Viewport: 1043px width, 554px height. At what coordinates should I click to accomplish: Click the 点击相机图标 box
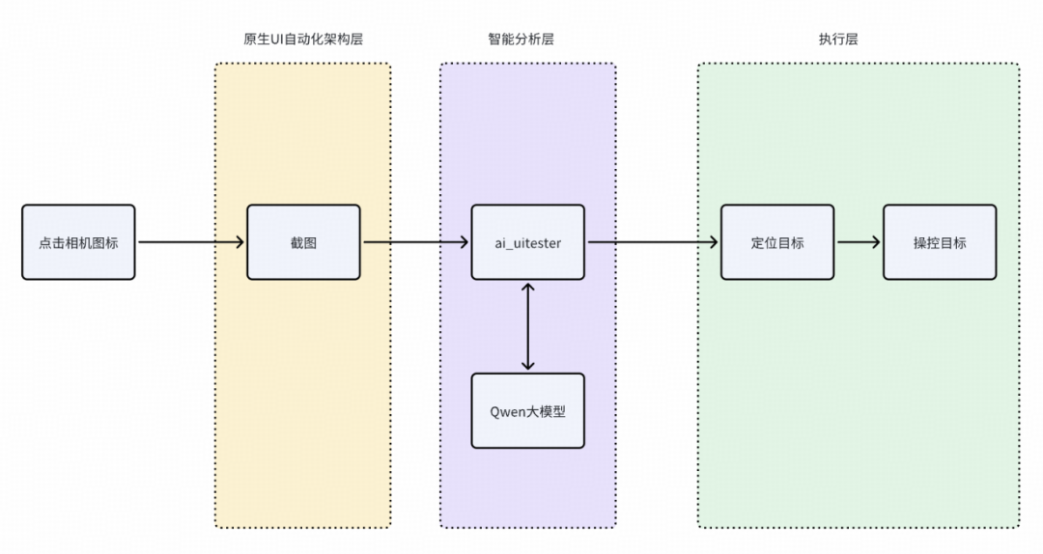tap(78, 242)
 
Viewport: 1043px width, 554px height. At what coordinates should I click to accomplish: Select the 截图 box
tap(303, 242)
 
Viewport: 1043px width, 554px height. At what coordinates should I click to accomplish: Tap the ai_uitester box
tap(527, 242)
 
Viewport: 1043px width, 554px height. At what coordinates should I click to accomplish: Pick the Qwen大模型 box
tap(527, 411)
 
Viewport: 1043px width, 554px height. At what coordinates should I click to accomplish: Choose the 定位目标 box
tap(777, 242)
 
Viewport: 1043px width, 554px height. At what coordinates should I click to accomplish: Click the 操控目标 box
tap(939, 242)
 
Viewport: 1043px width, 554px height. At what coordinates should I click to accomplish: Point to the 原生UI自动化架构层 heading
tap(302, 40)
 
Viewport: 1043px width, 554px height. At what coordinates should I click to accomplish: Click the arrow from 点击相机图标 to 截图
tap(190, 242)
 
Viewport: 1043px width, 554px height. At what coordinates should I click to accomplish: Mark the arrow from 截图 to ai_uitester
tap(415, 242)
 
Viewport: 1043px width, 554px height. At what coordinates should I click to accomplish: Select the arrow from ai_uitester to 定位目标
tap(653, 242)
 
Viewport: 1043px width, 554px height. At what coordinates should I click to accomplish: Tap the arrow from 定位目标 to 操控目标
tap(858, 242)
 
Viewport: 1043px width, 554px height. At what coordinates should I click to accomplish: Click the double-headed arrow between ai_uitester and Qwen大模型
tap(527, 326)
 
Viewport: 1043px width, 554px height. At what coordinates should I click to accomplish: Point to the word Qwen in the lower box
tap(508, 411)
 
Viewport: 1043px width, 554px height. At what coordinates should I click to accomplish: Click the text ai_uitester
tap(527, 242)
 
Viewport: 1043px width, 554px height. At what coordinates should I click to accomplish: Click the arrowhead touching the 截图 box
tap(239, 242)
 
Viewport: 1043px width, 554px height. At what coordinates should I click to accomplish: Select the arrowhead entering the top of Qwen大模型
tap(527, 365)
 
